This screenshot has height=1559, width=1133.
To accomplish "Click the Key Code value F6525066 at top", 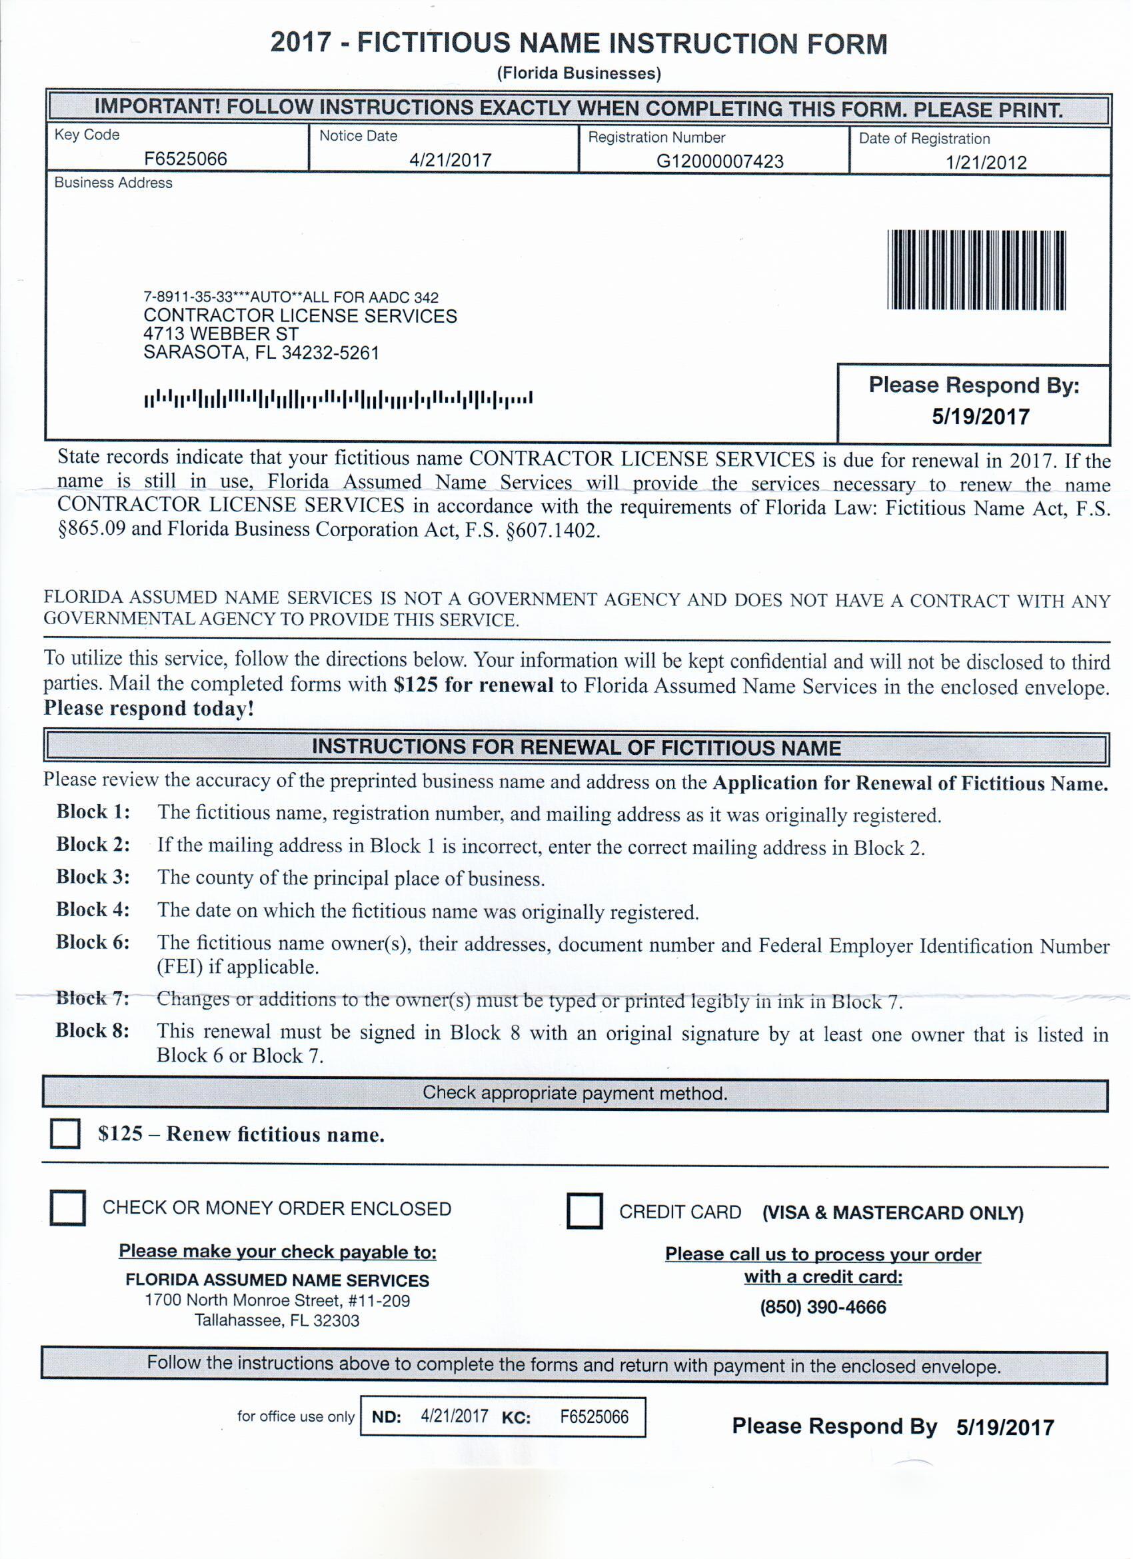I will click(x=185, y=159).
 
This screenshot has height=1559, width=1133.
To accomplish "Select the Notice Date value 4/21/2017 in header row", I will click(x=450, y=160).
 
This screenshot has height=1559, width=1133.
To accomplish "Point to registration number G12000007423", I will click(x=719, y=161).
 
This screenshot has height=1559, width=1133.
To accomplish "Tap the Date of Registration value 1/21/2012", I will click(x=985, y=163).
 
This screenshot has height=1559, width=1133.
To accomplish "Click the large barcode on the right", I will click(x=976, y=270).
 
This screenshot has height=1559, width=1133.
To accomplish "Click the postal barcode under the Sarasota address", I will click(x=338, y=399).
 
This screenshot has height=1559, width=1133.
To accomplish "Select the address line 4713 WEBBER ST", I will click(x=221, y=335).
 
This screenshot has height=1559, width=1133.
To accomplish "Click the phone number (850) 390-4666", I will click(x=822, y=1307).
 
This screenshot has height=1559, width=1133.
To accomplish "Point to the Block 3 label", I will click(x=93, y=877).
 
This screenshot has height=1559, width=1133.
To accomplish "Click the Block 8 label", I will click(x=93, y=1030).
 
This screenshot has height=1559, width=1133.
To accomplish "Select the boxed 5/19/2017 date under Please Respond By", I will click(x=980, y=417).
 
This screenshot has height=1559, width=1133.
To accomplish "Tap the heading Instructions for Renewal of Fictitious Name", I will click(x=576, y=748).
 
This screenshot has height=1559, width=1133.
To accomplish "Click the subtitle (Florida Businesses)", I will click(x=578, y=73).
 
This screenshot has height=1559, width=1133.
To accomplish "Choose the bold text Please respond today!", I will click(x=149, y=708).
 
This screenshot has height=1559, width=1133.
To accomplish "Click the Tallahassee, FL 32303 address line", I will click(x=277, y=1320).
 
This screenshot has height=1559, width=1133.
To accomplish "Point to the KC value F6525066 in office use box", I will click(x=594, y=1417).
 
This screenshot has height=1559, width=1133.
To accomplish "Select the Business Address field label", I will click(x=113, y=183).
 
